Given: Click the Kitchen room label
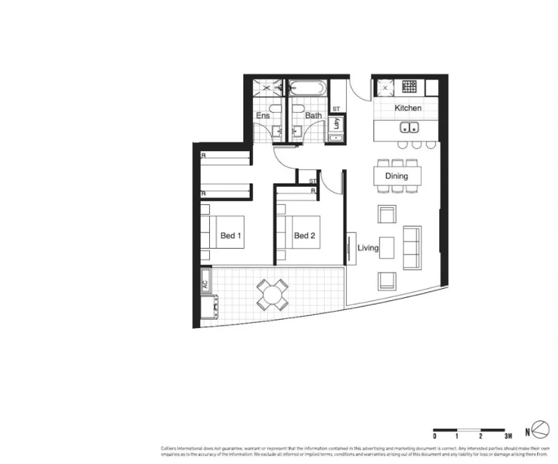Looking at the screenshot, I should (408, 108).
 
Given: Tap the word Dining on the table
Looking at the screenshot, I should (396, 176).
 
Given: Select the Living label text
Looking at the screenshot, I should (368, 248).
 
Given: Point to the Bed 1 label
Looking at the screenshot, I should (231, 236).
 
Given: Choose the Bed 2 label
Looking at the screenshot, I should (304, 236).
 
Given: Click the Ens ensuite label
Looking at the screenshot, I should (263, 116).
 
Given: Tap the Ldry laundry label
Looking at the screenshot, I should (337, 123).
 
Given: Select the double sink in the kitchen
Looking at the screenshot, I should (410, 127).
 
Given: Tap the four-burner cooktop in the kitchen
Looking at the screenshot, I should (409, 86).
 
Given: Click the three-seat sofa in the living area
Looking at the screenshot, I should (412, 247).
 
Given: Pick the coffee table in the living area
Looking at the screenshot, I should (387, 247).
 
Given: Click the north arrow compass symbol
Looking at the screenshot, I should (540, 430).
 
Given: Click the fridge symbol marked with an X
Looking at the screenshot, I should (385, 86).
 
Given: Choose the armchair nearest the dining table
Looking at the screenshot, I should (387, 214).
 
